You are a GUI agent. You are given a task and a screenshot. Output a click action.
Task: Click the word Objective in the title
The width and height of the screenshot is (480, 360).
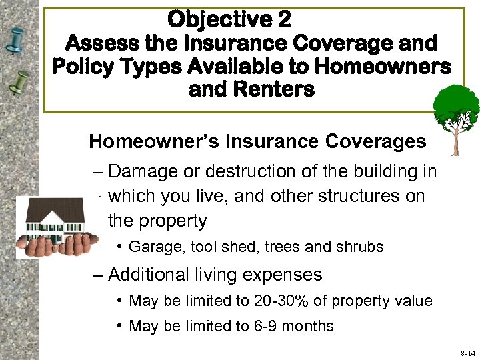219,19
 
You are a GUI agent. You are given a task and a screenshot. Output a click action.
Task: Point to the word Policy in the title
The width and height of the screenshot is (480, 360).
87,67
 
